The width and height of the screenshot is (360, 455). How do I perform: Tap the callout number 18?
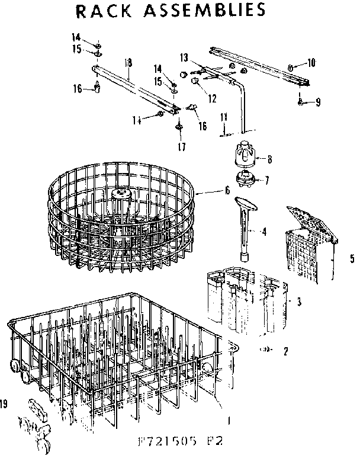(128, 62)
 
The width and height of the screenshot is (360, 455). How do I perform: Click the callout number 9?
(317, 102)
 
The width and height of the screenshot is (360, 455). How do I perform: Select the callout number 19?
(4, 405)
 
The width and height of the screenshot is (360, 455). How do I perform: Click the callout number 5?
(352, 258)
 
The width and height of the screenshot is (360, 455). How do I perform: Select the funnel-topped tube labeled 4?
(245, 229)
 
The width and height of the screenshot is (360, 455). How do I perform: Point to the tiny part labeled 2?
(266, 350)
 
